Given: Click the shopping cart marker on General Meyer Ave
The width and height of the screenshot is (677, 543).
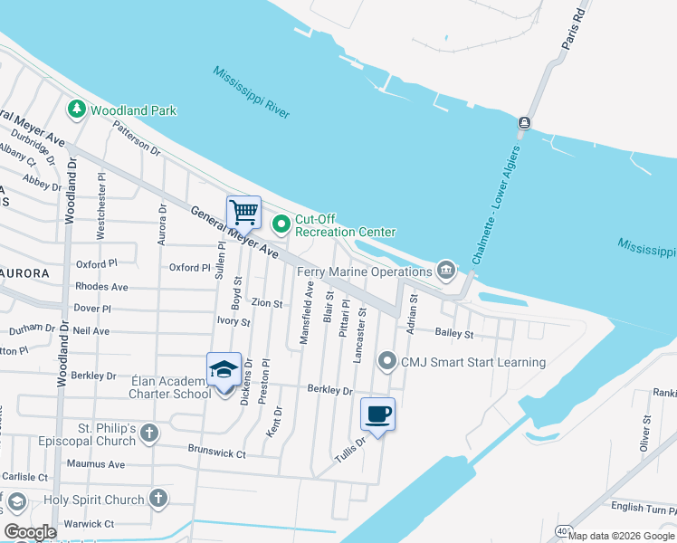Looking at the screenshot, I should (243, 212).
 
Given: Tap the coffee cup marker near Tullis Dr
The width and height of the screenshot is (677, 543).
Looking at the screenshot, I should (377, 414).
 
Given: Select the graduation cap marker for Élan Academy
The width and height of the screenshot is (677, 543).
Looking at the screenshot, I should (224, 369).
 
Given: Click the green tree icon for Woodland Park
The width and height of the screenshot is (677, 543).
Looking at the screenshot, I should (77, 110).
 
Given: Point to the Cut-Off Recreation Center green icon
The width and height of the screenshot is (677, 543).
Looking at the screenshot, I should (281, 222).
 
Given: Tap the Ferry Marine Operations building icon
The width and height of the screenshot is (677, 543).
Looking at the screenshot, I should (445, 271).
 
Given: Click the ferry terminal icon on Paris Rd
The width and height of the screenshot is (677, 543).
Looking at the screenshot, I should (524, 122).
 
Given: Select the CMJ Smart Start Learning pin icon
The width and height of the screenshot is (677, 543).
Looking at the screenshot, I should (388, 362).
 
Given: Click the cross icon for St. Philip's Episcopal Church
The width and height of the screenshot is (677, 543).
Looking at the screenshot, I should (150, 434).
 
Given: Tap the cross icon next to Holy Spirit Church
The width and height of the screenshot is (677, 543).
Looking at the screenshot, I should (158, 499).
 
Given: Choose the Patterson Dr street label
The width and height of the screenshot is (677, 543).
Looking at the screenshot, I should (137, 142).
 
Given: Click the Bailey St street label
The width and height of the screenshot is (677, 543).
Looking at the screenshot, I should (454, 334).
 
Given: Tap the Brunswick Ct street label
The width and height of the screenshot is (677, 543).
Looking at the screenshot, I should (216, 449).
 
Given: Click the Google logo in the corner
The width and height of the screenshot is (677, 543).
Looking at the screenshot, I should (31, 531).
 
